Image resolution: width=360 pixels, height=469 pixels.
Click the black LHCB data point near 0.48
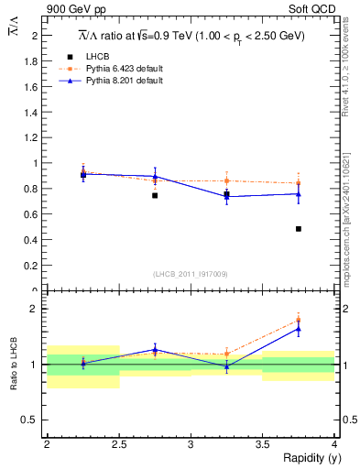click(x=299, y=229)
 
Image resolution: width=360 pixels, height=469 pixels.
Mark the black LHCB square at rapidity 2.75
click(x=155, y=195)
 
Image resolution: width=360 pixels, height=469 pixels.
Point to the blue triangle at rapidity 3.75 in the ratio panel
click(x=299, y=328)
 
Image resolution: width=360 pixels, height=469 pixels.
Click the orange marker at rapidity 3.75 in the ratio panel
click(x=299, y=320)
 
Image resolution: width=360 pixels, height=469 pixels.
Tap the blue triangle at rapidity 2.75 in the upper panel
click(x=155, y=176)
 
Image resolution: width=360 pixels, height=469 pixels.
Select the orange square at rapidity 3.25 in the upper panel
click(x=227, y=180)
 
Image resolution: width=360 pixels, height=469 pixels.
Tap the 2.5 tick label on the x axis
click(x=119, y=444)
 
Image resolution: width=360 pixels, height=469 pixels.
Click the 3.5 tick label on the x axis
click(x=263, y=444)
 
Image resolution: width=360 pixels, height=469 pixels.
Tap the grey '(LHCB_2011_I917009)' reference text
click(x=191, y=274)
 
